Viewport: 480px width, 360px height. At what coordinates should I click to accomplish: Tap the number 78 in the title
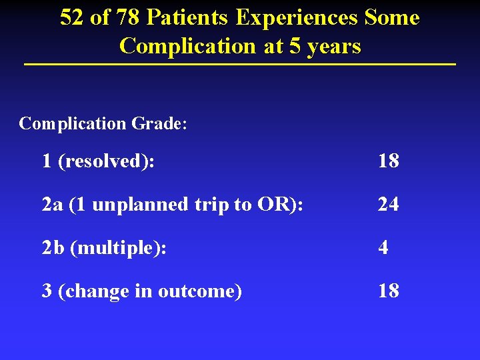coord(126,18)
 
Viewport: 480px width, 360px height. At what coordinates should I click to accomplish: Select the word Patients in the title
coord(187,18)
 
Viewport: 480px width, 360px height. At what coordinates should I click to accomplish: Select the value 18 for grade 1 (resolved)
coord(388,161)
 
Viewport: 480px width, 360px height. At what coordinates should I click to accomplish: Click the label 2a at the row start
coord(51,205)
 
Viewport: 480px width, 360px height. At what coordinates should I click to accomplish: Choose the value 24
coord(388,205)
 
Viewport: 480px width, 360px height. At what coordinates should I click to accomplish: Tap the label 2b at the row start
coord(52,248)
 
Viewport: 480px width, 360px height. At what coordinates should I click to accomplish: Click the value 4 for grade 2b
coord(383,248)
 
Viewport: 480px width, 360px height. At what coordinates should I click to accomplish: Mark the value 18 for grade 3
coord(388,291)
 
